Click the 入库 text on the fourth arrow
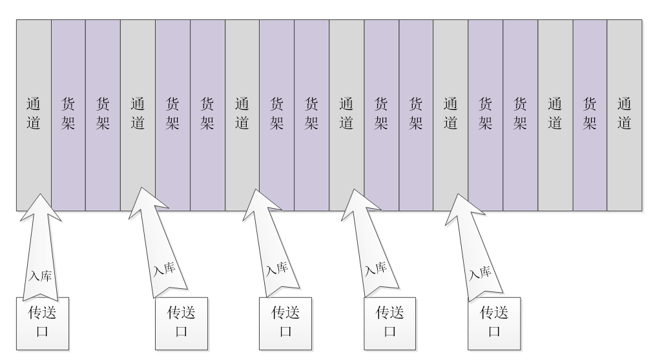pos(375,268)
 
